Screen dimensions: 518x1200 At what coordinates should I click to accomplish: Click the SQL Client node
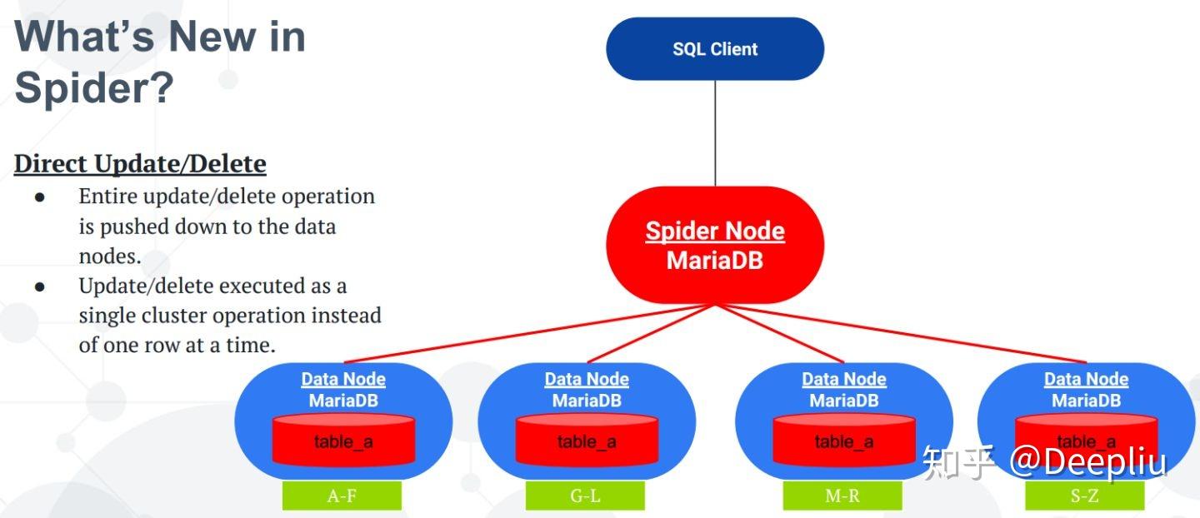point(714,49)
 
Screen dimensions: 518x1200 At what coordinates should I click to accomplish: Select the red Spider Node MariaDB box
point(714,245)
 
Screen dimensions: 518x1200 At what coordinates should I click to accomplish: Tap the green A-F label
point(342,496)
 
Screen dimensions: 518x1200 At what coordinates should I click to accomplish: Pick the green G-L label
point(585,496)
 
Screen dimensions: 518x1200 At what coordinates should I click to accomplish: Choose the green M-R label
point(842,496)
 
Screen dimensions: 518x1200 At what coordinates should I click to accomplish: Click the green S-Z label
point(1084,496)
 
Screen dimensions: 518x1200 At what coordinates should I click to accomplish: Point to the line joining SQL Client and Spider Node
point(715,133)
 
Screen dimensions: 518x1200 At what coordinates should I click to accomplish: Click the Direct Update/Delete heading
point(140,164)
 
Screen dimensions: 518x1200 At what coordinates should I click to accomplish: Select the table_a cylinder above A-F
point(343,441)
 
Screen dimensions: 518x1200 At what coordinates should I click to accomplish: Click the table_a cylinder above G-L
point(587,441)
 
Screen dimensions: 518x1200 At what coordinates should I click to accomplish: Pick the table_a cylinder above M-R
point(844,441)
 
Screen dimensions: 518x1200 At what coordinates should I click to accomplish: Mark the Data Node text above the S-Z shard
point(1086,380)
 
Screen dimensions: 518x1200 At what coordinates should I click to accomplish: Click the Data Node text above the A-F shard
point(343,380)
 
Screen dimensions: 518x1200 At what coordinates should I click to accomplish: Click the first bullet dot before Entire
point(39,197)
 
